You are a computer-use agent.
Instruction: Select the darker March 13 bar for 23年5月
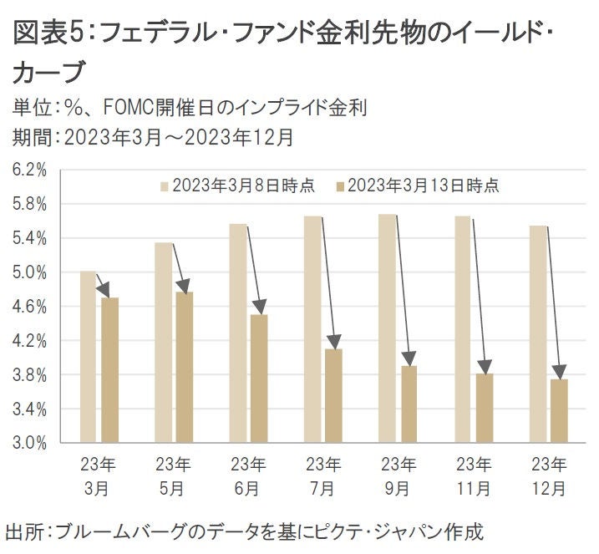pyautogui.click(x=184, y=367)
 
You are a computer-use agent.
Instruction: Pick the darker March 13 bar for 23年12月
pyautogui.click(x=558, y=410)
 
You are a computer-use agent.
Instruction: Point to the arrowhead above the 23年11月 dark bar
pyautogui.click(x=483, y=366)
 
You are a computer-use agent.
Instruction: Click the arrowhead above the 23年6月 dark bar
pyautogui.click(x=258, y=307)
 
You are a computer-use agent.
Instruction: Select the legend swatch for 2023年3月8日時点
pyautogui.click(x=165, y=186)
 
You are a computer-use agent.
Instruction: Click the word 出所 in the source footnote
pyautogui.click(x=25, y=531)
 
